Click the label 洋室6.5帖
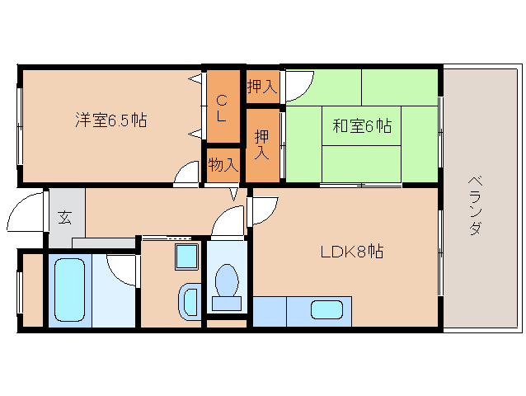pyautogui.click(x=110, y=120)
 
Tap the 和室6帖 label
pyautogui.click(x=362, y=126)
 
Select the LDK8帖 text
pyautogui.click(x=352, y=252)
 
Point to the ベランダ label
pyautogui.click(x=475, y=205)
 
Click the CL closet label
pyautogui.click(x=221, y=108)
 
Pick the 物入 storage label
pyautogui.click(x=223, y=165)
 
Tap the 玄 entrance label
pyautogui.click(x=65, y=217)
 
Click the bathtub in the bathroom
pyautogui.click(x=69, y=290)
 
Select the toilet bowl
pyautogui.click(x=227, y=281)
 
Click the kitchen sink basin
pyautogui.click(x=326, y=309)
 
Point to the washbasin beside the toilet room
pyautogui.click(x=190, y=302)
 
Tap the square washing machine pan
pyautogui.click(x=186, y=257)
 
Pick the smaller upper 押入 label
pyautogui.click(x=262, y=87)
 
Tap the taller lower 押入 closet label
pyautogui.click(x=261, y=144)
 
